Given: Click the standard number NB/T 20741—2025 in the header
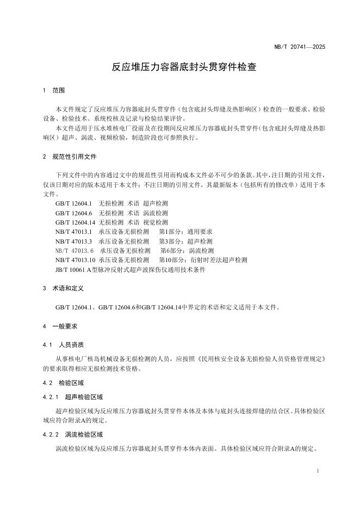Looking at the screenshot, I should tap(300, 47).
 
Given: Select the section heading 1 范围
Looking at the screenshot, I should tap(54, 90).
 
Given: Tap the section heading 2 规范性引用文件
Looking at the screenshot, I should tap(70, 157).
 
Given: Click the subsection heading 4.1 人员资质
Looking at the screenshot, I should tap(64, 345).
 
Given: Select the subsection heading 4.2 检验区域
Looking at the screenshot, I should tap(64, 383).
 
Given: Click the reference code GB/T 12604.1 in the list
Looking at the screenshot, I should tap(74, 203).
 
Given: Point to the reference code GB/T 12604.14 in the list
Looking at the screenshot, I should tap(76, 222).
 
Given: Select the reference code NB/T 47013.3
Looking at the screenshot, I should tap(74, 241).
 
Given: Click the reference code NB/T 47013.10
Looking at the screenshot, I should tap(76, 260).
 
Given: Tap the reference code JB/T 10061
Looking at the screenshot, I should tap(72, 269).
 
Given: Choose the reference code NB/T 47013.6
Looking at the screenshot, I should tap(75, 251).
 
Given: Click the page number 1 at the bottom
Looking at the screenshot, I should tap(318, 470).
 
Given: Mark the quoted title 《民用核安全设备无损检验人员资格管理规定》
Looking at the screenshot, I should tap(263, 359).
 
